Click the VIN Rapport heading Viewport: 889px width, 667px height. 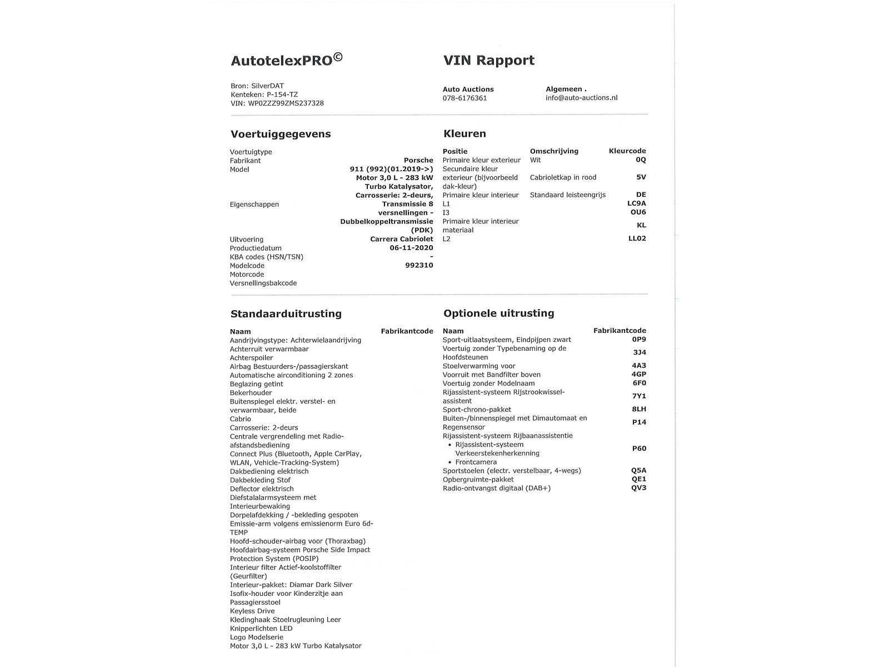488,60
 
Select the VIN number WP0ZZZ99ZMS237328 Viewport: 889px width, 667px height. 286,103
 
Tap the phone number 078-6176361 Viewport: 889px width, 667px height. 465,98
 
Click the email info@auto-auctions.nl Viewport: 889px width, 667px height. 581,98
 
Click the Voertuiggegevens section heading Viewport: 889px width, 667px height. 281,134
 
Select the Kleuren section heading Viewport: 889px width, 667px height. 465,133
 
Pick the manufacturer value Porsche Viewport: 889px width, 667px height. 418,160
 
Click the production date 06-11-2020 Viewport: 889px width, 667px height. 411,248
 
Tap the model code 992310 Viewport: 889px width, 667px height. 419,266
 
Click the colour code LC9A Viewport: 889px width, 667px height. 636,203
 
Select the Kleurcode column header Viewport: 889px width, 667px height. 627,151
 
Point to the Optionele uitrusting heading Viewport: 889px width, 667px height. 498,313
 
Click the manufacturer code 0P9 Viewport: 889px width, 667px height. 639,340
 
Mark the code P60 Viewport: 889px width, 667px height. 639,449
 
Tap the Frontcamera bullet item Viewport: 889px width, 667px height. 476,462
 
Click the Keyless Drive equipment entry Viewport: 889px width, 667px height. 252,611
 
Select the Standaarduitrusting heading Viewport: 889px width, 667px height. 286,313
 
